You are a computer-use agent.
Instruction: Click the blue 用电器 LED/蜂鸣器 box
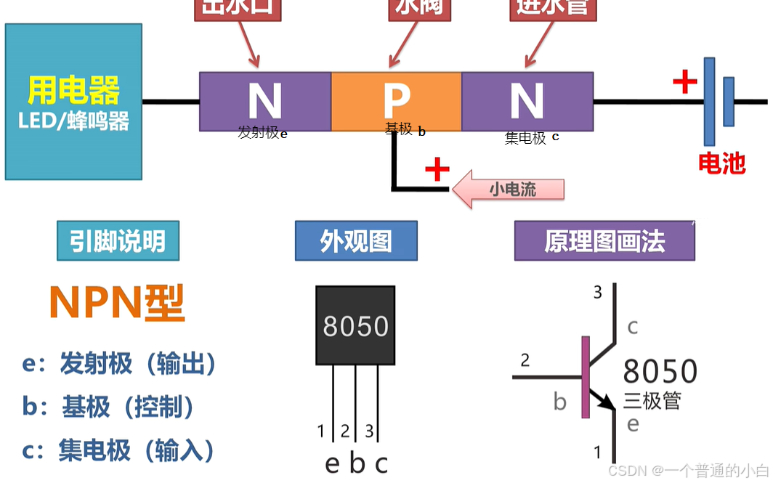73,102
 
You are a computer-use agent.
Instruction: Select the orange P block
396,102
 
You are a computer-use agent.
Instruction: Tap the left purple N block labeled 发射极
265,102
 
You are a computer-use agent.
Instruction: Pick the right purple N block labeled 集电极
527,102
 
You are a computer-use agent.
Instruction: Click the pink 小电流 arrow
508,190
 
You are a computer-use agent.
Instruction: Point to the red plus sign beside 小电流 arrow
437,170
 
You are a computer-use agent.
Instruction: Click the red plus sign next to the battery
684,81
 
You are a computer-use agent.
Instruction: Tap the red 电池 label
721,163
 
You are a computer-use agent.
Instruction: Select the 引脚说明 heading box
118,241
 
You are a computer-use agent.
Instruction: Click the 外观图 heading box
356,241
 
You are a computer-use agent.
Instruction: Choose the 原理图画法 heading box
604,241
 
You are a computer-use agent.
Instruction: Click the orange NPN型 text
116,303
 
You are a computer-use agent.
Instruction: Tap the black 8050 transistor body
355,325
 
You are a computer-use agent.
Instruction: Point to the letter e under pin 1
332,463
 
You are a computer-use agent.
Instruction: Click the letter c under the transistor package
381,463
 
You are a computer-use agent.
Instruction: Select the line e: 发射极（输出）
119,364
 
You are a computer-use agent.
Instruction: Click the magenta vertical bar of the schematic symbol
586,378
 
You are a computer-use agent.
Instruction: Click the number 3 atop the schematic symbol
598,293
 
